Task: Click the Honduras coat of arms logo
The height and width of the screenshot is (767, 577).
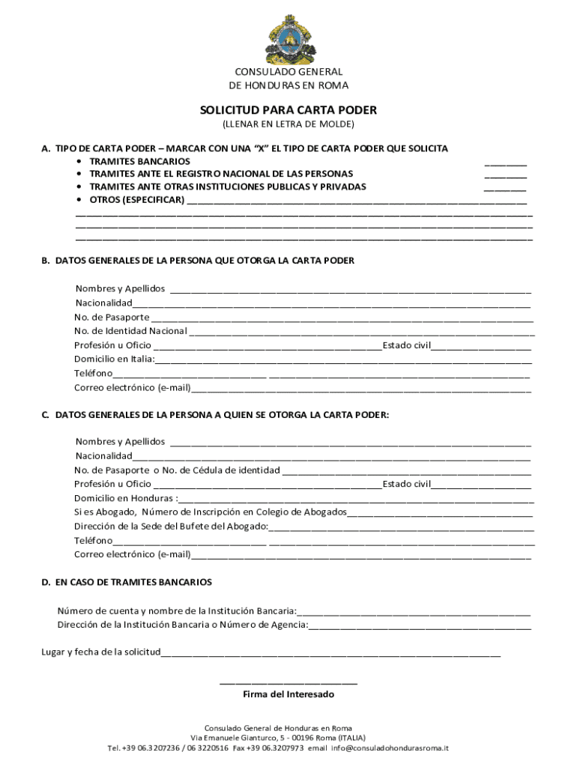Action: click(288, 38)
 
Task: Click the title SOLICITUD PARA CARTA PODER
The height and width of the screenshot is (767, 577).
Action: click(288, 110)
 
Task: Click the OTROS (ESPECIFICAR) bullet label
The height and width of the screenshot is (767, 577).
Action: click(136, 200)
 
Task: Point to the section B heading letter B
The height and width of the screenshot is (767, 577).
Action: click(45, 261)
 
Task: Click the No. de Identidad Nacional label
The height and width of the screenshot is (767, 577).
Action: click(130, 331)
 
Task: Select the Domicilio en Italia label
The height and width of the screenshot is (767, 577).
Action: click(114, 360)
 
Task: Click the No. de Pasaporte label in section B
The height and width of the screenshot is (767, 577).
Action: click(112, 317)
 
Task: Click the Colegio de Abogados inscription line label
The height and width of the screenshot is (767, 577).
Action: click(210, 512)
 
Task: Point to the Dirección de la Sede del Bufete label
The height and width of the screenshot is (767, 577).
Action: click(171, 527)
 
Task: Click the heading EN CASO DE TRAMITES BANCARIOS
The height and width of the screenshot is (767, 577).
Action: click(133, 582)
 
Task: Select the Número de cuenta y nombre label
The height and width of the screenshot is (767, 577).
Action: click(176, 610)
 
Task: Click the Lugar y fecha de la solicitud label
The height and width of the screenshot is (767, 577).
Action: click(100, 652)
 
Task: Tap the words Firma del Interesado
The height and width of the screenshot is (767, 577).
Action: click(288, 694)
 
